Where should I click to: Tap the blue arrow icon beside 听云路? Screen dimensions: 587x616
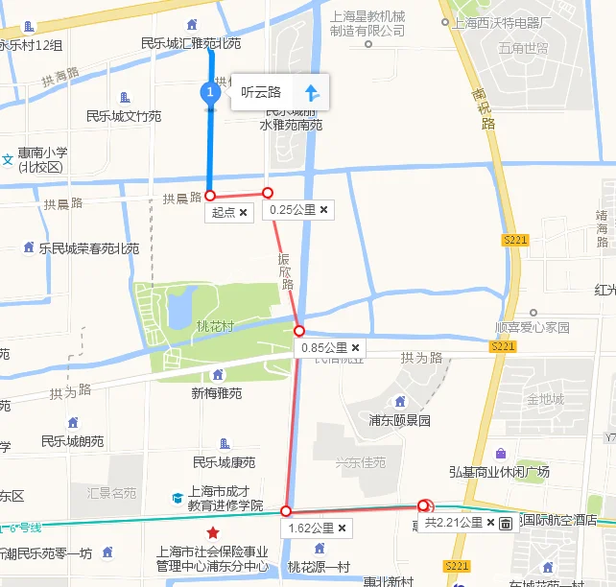coord(311,93)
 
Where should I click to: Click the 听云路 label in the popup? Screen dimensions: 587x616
coord(261,93)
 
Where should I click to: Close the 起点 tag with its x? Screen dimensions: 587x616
coord(243,212)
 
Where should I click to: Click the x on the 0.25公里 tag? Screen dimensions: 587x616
coord(324,209)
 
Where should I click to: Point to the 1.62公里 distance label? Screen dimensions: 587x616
coord(310,528)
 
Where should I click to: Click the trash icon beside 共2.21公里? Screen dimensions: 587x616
coord(506,523)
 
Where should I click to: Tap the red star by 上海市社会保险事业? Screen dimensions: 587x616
coord(212,532)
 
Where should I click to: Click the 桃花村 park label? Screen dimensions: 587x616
coord(214,325)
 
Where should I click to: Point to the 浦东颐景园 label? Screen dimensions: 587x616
coord(400,420)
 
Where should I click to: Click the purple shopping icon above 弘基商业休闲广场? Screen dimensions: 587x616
coord(500,453)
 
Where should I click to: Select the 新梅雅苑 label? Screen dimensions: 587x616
coord(217,393)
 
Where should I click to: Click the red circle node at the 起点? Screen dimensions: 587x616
coord(210,195)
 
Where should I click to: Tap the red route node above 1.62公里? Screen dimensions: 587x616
coord(286,510)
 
